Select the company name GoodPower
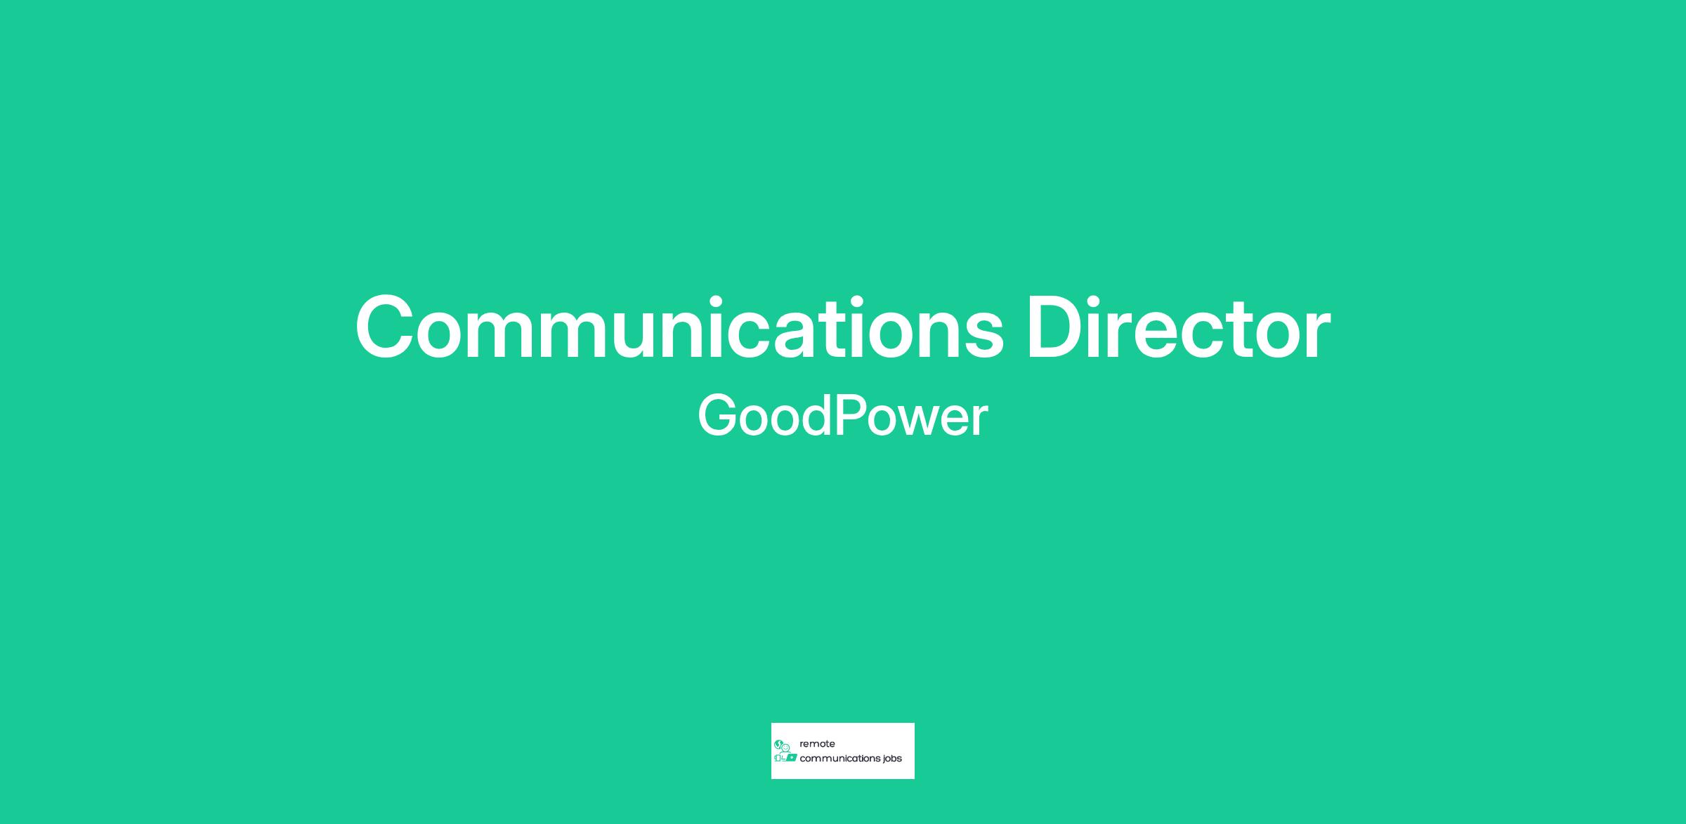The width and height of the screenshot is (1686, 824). pos(843,416)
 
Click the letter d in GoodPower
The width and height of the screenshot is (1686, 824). pos(815,416)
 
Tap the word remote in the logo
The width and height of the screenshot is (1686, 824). pos(817,744)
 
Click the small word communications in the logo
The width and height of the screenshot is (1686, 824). pos(837,759)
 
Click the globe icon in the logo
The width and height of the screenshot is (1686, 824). pos(778,743)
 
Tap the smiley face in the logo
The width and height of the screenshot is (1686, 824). pos(785,747)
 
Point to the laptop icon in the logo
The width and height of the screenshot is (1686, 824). pos(790,758)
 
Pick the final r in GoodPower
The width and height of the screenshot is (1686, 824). pos(981,421)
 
